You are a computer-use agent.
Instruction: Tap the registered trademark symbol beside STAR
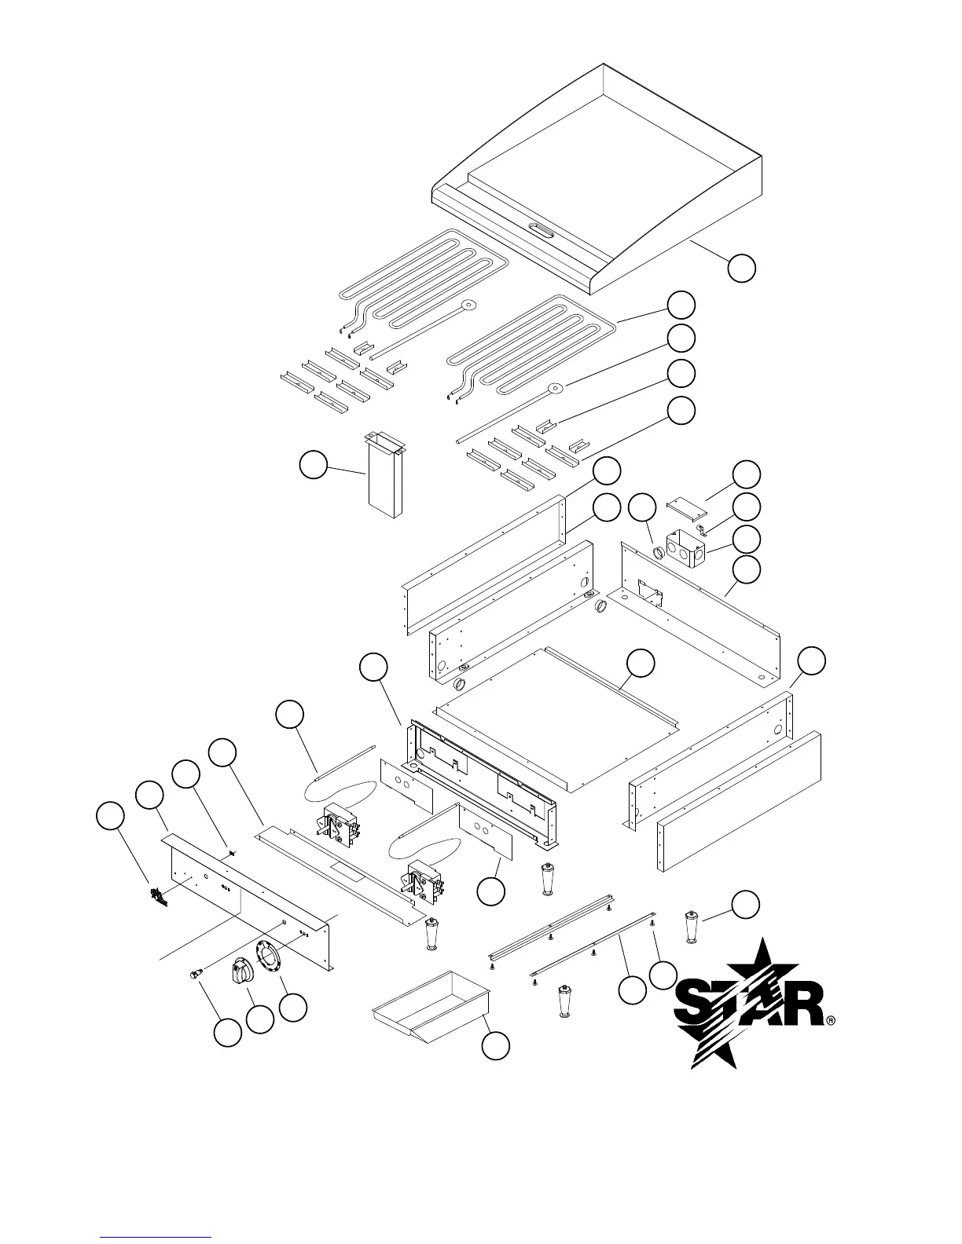coord(831,1021)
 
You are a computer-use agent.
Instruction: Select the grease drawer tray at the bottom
coord(431,1005)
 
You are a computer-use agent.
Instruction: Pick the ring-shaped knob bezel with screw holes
coord(268,957)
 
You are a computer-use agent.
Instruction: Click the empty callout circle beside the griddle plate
coord(741,268)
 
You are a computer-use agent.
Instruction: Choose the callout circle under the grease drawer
coord(495,1045)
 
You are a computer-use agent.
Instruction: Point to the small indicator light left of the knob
coord(193,974)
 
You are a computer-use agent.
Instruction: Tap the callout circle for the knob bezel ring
coord(293,1008)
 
